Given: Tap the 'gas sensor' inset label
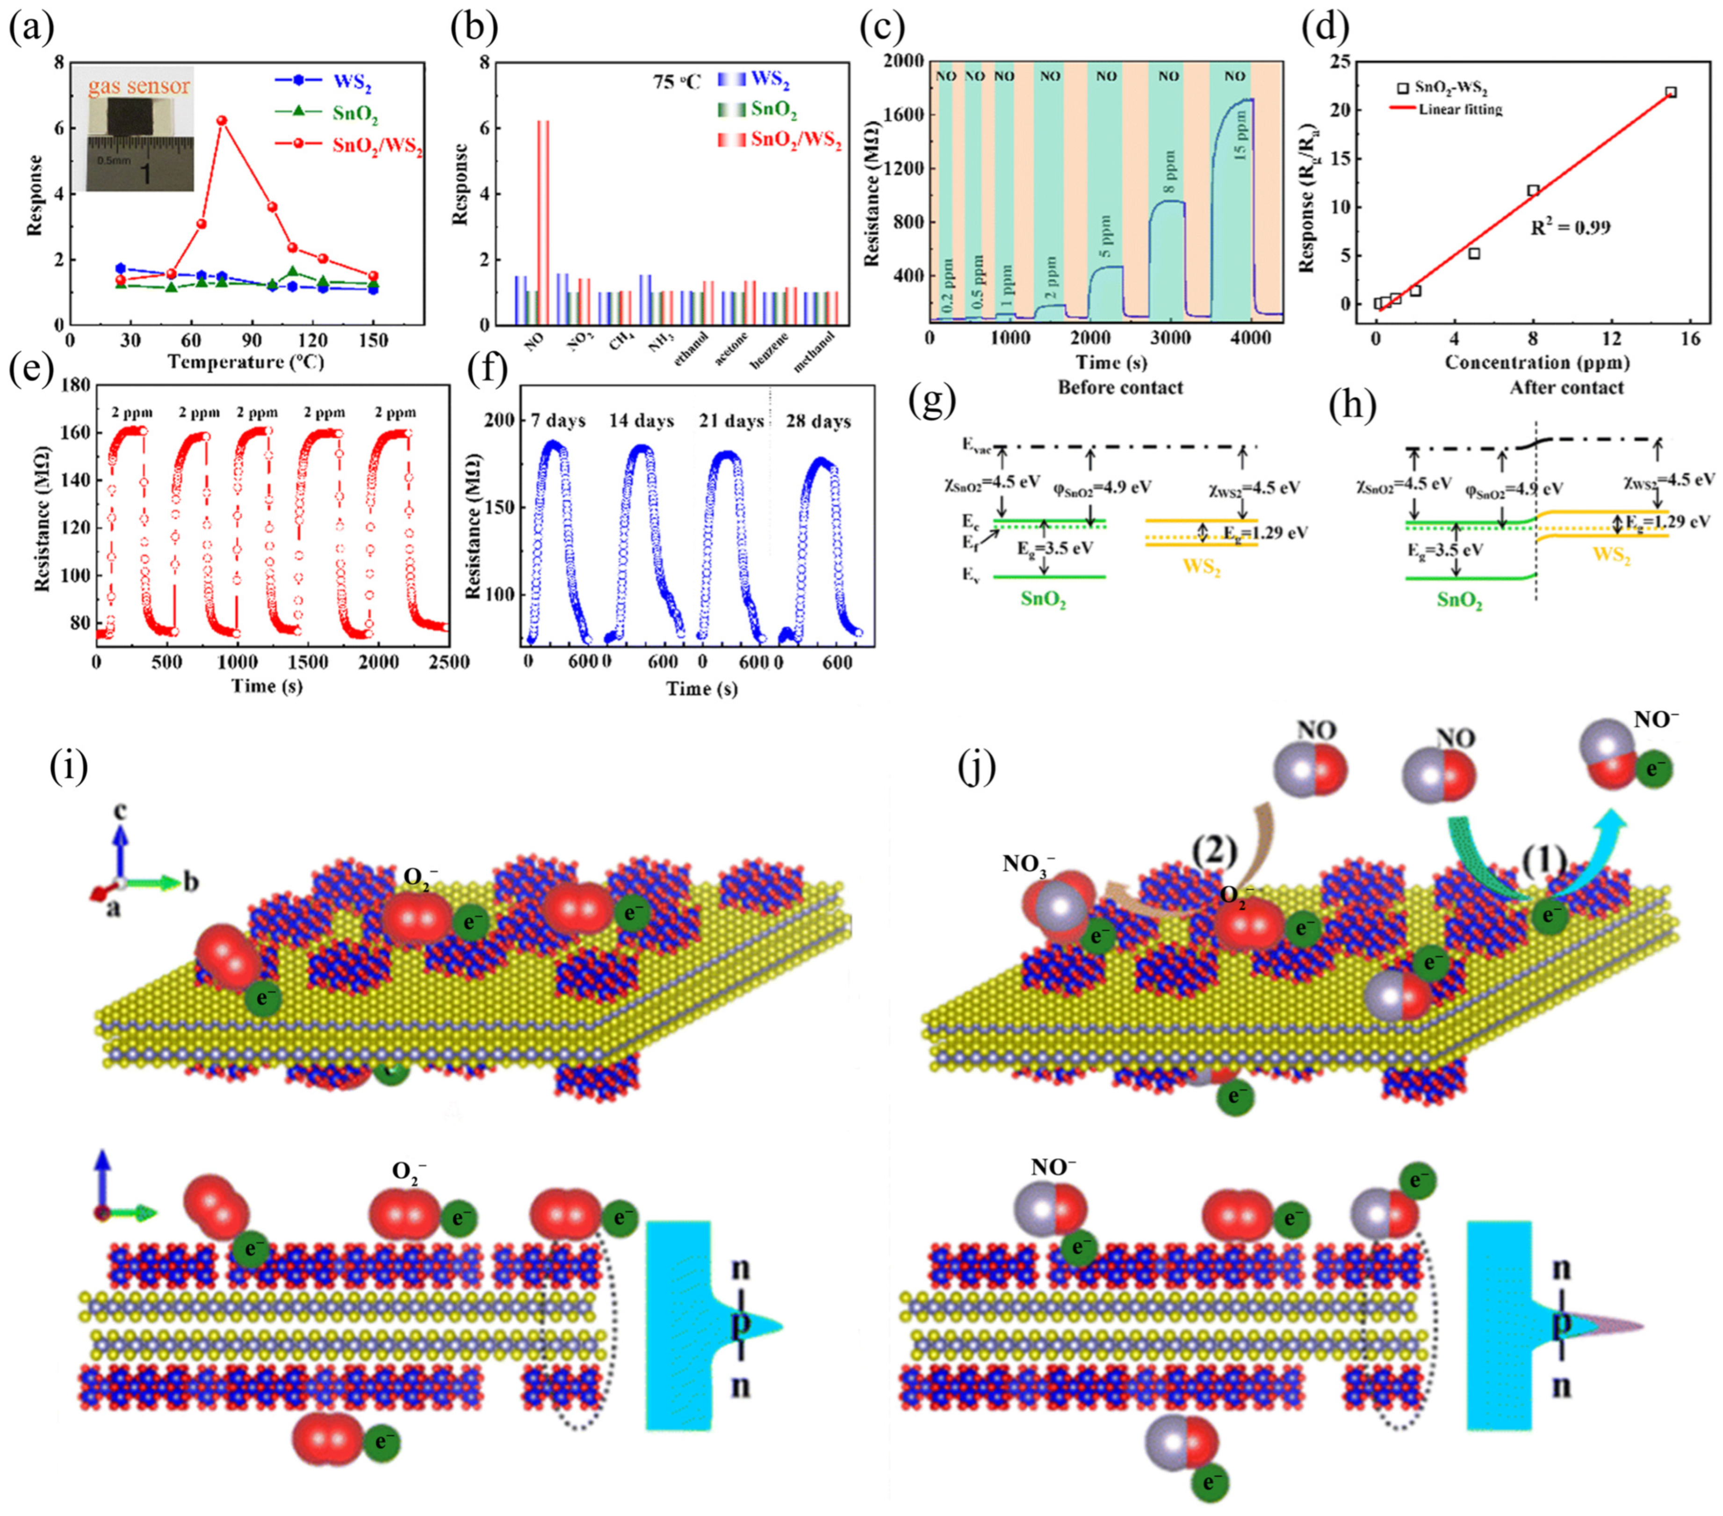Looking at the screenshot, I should tap(140, 86).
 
